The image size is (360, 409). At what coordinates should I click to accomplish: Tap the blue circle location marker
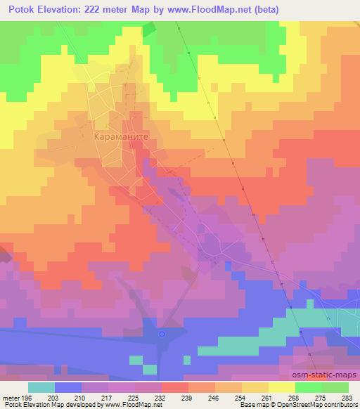(x=162, y=334)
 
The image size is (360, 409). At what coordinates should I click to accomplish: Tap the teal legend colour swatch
(x=41, y=387)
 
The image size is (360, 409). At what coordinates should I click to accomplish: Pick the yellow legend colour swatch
(x=281, y=387)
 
